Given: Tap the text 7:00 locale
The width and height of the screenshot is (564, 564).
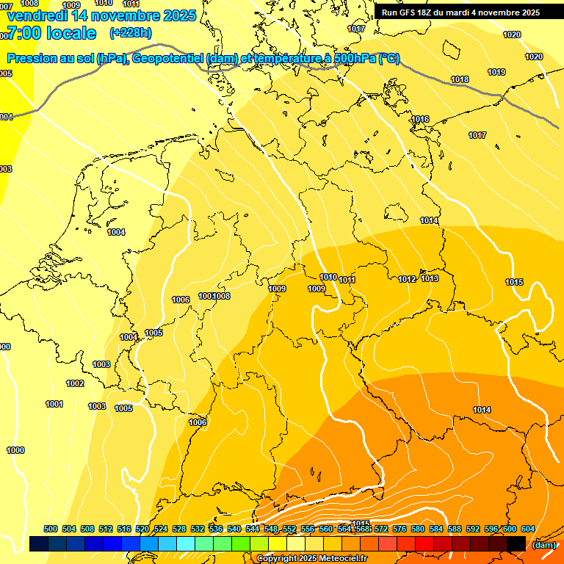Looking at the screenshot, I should point(51,33).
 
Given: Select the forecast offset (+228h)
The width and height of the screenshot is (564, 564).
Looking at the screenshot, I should point(131,33).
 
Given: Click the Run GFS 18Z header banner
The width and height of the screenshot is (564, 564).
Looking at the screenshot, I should point(460,12).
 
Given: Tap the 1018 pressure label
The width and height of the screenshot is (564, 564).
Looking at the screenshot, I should point(460,80).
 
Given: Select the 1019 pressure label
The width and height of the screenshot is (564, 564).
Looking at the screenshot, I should point(496,72).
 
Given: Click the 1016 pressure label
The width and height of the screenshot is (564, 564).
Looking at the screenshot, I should point(420,119).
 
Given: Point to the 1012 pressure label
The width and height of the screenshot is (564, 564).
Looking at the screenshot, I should point(407,280).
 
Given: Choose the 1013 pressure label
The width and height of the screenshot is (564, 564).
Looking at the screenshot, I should point(430,279).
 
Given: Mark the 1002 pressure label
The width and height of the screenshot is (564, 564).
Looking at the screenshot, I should point(75,383).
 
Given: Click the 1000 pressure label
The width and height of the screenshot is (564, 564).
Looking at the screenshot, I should point(15,450).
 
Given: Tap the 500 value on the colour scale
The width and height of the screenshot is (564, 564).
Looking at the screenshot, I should point(51,529).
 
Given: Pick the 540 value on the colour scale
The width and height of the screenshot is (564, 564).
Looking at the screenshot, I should point(234,529).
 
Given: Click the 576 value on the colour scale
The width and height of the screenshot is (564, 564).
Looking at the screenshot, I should point(399,529).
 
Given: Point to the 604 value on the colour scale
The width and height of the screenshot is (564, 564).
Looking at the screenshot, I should point(527,529).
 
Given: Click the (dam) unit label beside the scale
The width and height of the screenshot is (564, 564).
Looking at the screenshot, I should point(544,544).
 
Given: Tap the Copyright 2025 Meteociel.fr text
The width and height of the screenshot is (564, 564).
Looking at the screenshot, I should point(311,558).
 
